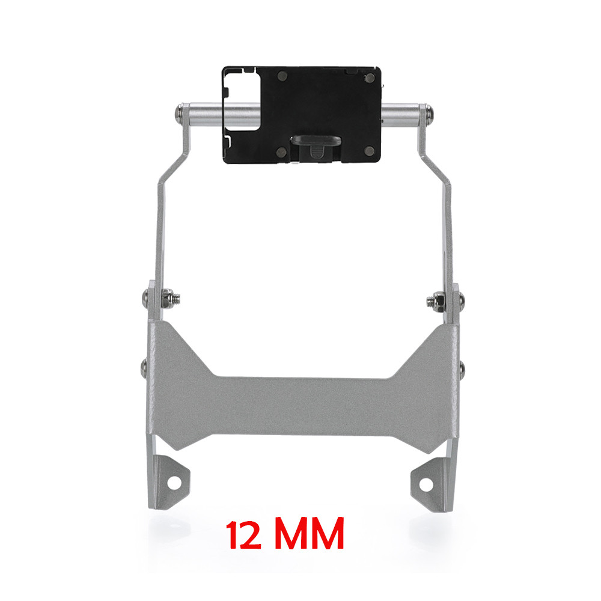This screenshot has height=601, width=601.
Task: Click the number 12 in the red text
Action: pyautogui.click(x=244, y=535)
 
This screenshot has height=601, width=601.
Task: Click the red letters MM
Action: pyautogui.click(x=310, y=534)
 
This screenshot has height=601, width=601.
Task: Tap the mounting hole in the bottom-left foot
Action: pyautogui.click(x=174, y=483)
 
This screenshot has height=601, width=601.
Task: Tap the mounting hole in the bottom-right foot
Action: pyautogui.click(x=426, y=484)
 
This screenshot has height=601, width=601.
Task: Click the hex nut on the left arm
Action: pyautogui.click(x=167, y=298)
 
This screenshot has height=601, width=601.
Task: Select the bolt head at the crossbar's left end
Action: pyautogui.click(x=178, y=114)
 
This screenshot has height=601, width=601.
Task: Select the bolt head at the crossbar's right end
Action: pyautogui.click(x=430, y=113)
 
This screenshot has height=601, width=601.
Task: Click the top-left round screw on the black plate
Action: pyautogui.click(x=282, y=76)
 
